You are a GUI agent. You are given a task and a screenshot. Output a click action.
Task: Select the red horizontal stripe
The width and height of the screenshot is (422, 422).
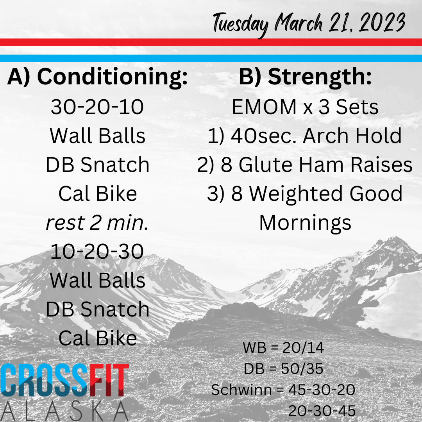click(x=211, y=42)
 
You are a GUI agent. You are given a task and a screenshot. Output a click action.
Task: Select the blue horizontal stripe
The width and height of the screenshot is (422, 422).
click(x=211, y=58)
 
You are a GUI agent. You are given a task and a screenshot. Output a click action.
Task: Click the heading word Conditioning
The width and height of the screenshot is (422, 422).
click(x=112, y=77)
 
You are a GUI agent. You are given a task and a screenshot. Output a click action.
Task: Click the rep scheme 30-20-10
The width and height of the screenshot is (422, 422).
click(x=97, y=107)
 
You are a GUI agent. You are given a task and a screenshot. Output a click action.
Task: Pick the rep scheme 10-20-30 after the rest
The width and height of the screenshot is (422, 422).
click(x=97, y=251)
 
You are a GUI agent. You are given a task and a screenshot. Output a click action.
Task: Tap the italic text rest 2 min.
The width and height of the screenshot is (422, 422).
click(x=97, y=223)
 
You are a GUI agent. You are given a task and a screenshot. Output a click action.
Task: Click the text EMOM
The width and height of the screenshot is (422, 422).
click(x=264, y=107)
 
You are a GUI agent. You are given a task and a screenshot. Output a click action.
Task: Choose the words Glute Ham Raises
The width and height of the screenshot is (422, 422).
click(x=325, y=165)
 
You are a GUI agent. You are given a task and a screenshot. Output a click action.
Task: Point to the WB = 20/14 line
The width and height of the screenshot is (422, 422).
click(x=283, y=347)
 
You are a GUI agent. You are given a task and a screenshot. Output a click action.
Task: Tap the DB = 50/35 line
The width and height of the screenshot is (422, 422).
click(x=283, y=368)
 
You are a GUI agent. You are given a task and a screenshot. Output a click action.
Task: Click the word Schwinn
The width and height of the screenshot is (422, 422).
click(x=241, y=390)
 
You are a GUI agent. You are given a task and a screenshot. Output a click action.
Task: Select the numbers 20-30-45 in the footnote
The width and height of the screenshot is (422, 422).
click(x=322, y=411)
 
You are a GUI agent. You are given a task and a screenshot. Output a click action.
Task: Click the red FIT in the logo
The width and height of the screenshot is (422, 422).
click(x=109, y=380)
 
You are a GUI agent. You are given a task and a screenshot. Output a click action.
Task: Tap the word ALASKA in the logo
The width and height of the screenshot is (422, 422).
click(x=64, y=411)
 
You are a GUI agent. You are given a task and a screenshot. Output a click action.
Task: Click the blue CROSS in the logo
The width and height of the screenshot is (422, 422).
click(x=45, y=380)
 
